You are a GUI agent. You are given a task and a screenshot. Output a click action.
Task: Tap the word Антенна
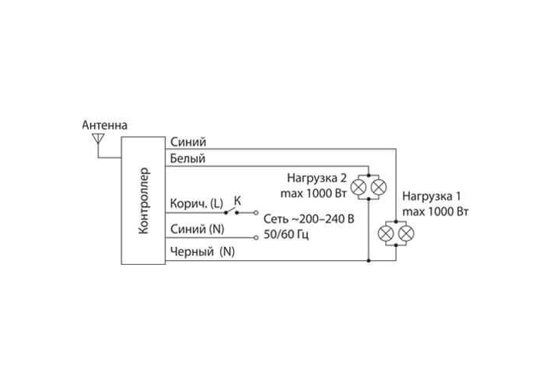(x=105, y=125)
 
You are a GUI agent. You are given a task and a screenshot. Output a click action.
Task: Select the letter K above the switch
(x=237, y=200)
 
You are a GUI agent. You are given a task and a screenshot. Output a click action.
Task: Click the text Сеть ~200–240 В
(x=309, y=219)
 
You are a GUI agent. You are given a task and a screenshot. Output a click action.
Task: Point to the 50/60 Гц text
(x=286, y=234)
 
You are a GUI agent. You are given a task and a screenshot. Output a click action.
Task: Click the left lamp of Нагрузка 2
(x=358, y=188)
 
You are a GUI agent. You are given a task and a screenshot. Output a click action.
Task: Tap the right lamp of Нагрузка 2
(x=378, y=188)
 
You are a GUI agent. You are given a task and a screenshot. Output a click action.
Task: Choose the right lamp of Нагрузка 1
(x=406, y=234)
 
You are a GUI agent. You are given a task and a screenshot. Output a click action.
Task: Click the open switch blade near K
(x=240, y=210)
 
